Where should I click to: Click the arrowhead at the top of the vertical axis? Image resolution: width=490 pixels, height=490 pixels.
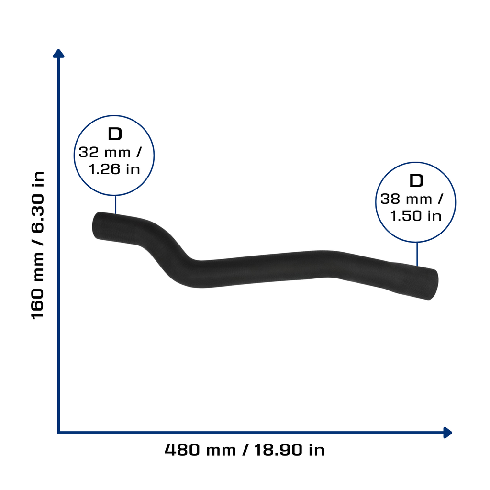tap(58, 54)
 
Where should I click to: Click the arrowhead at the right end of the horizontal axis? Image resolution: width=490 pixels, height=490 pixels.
tap(448, 433)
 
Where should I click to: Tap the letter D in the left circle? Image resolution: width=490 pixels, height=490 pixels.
tap(115, 134)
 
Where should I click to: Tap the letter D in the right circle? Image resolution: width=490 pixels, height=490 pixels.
tap(416, 181)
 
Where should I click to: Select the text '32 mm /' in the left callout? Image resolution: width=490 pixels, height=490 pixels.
tap(110, 153)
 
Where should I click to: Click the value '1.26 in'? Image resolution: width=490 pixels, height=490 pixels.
tap(114, 169)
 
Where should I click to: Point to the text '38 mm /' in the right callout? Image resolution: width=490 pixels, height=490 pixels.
tap(412, 199)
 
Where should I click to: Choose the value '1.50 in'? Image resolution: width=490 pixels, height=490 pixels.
tap(416, 216)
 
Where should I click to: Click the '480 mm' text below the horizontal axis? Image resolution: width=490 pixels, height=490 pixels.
tap(200, 450)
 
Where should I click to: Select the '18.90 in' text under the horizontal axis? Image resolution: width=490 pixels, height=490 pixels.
tap(290, 450)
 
